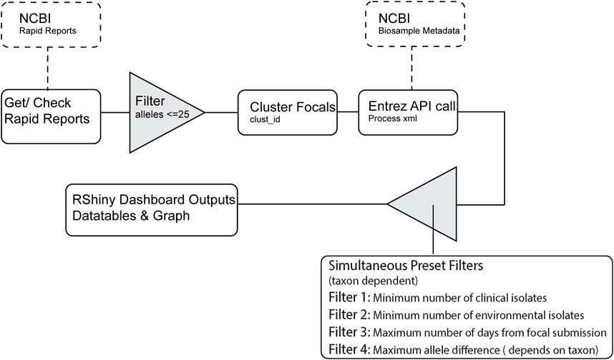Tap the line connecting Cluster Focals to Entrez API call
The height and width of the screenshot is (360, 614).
pos(347,111)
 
